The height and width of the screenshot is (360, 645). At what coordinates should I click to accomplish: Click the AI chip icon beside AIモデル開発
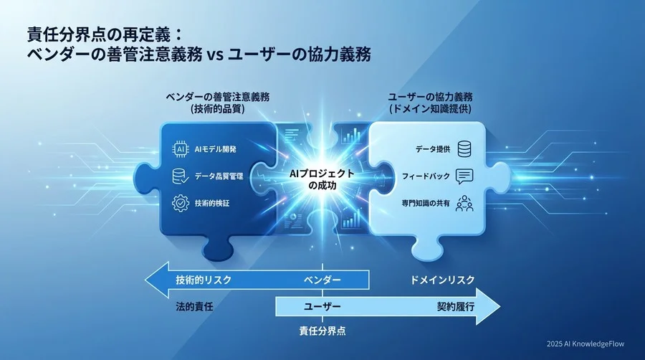click(181, 149)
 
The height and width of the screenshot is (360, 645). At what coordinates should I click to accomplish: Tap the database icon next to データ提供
click(464, 149)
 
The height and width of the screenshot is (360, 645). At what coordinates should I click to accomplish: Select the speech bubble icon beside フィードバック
click(464, 176)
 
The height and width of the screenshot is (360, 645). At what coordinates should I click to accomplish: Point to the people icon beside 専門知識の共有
click(464, 203)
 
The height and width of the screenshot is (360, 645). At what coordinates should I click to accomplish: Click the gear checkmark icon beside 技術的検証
click(181, 203)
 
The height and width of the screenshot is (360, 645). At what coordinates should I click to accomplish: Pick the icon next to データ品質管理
click(181, 176)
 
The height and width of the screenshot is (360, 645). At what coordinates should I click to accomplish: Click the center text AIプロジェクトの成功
click(322, 179)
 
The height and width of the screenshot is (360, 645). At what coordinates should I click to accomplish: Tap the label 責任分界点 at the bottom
click(322, 332)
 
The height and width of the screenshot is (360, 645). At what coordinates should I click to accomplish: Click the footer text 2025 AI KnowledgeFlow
click(585, 344)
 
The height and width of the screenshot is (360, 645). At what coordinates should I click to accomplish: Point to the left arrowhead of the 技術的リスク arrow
click(152, 279)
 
